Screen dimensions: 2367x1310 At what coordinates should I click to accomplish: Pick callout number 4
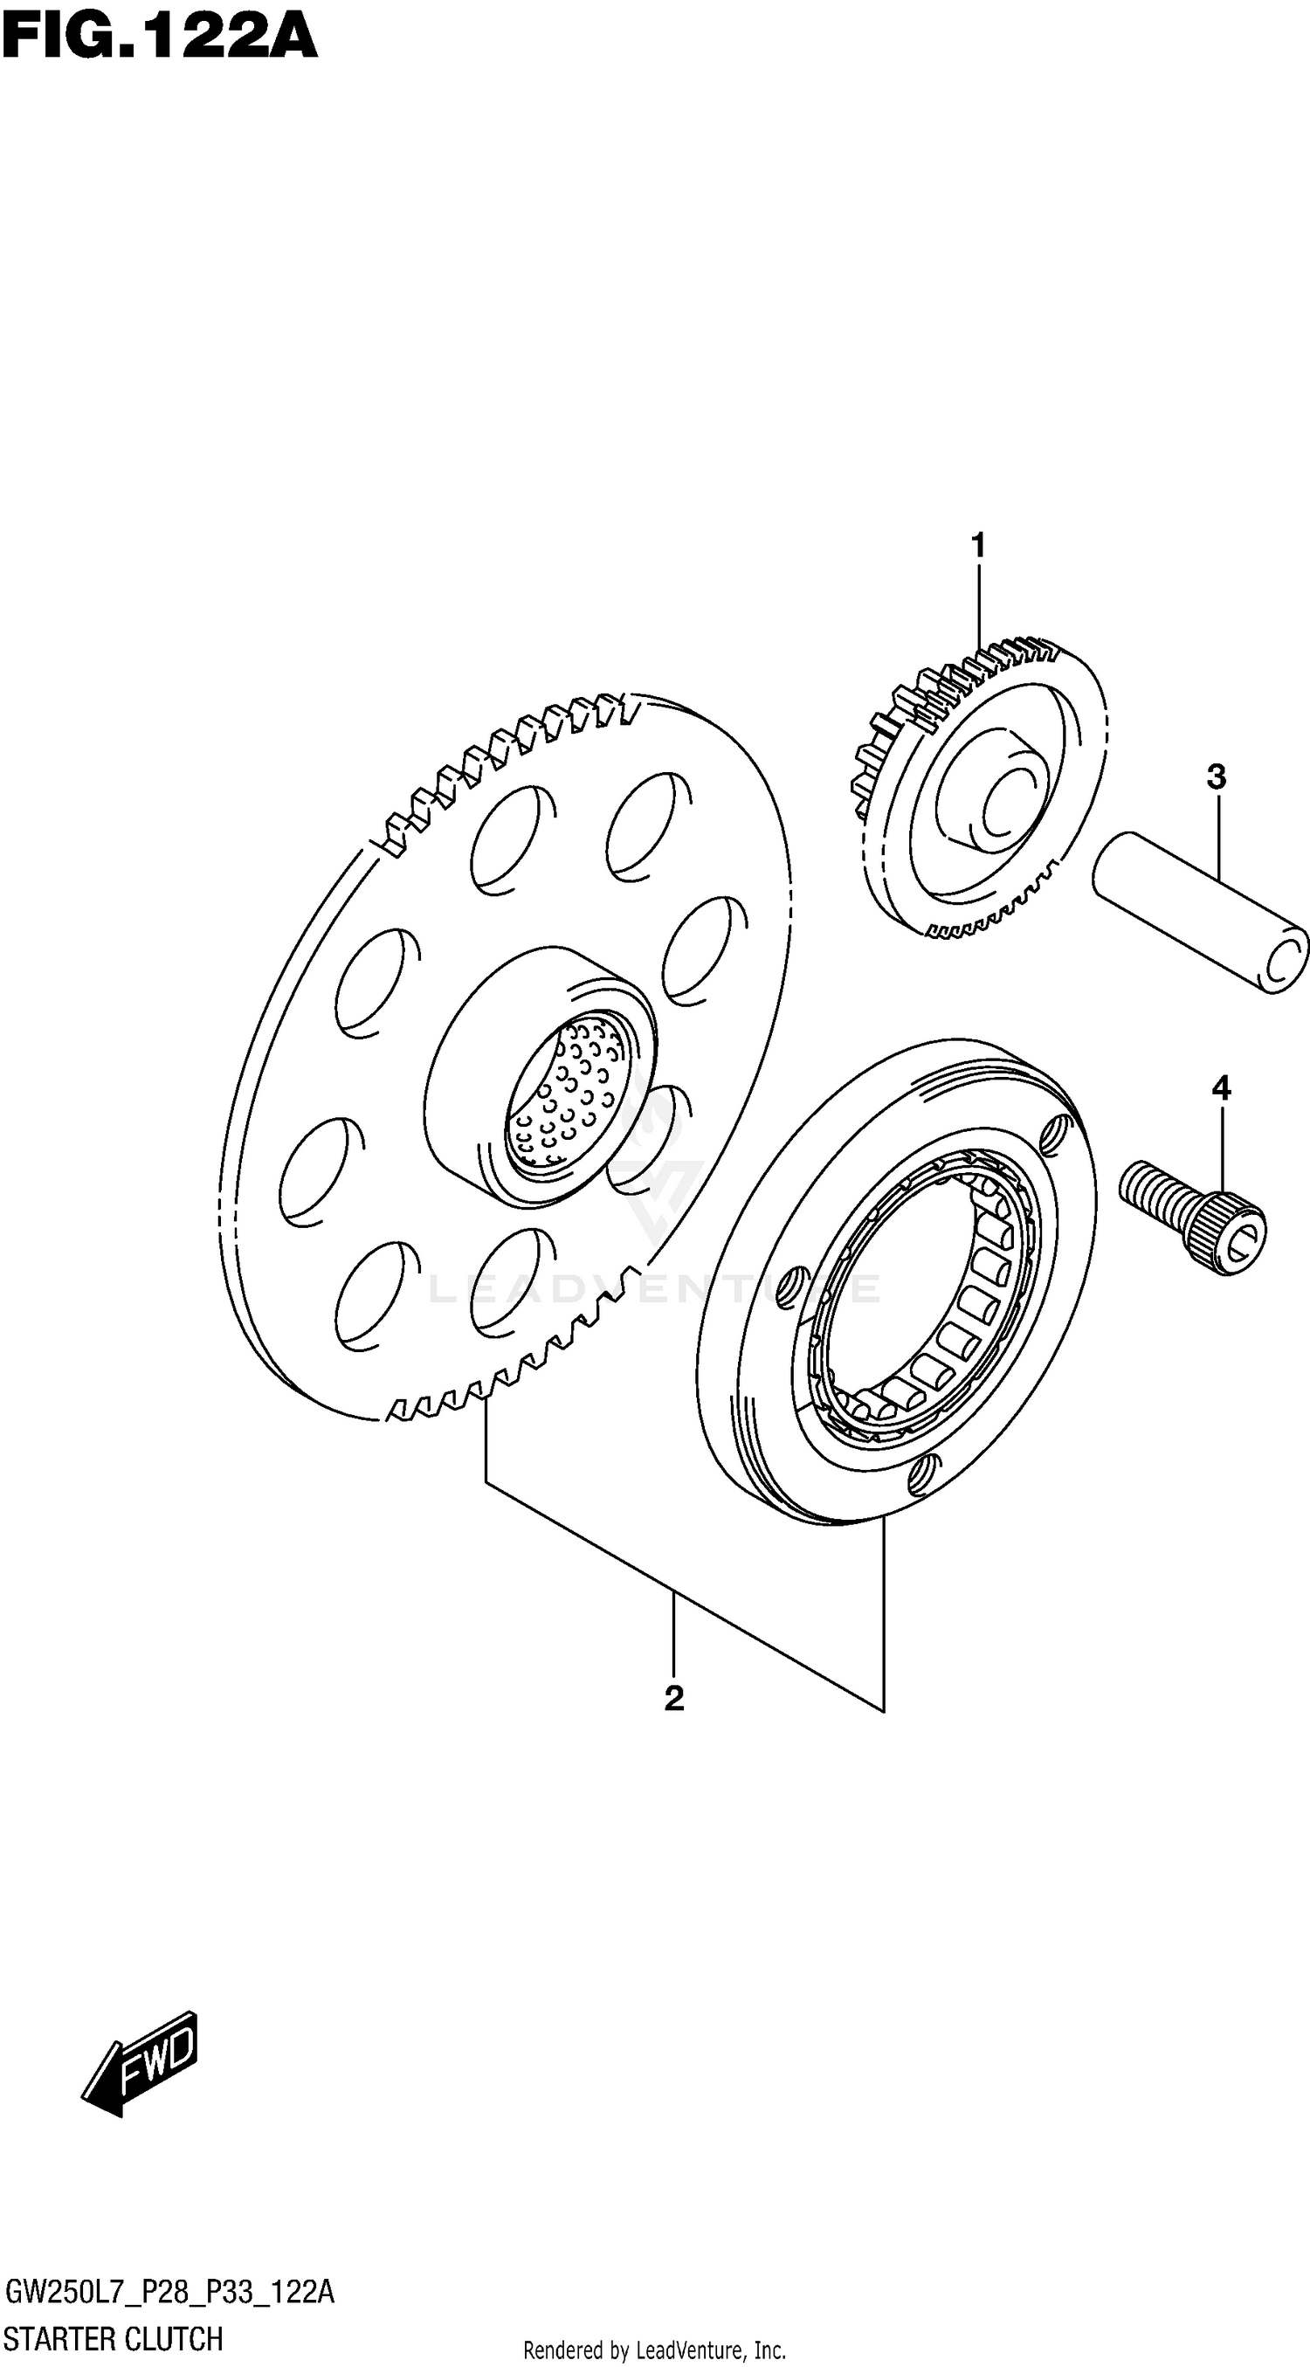[x=1220, y=1088]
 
